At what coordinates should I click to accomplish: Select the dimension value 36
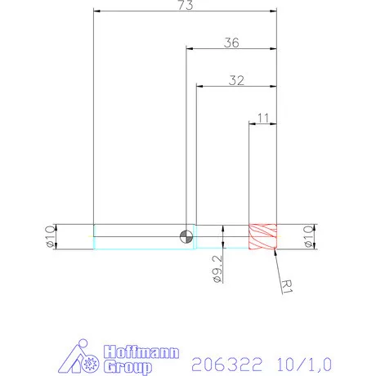[x=231, y=44]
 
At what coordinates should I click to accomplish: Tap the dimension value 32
[x=237, y=80]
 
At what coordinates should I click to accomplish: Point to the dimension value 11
[x=262, y=118]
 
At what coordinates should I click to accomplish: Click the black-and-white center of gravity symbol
[x=187, y=236]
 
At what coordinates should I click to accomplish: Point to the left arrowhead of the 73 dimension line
[x=97, y=11]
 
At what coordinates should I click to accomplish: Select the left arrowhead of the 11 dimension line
[x=252, y=123]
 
